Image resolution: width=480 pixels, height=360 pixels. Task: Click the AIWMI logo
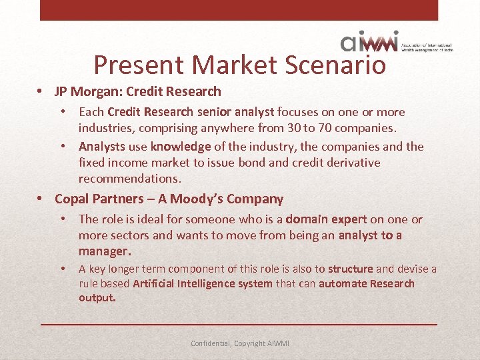click(370, 41)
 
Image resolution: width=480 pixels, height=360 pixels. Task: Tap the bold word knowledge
click(180, 147)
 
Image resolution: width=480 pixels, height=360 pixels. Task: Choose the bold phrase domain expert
click(326, 219)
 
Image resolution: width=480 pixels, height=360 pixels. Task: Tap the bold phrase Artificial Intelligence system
click(203, 284)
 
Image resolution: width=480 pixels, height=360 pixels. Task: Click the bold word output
click(97, 298)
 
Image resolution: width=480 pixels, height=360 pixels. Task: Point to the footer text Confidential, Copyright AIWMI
click(240, 343)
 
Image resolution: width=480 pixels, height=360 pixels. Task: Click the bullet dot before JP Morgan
click(41, 91)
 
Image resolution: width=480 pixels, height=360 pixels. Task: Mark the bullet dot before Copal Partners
click(41, 199)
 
